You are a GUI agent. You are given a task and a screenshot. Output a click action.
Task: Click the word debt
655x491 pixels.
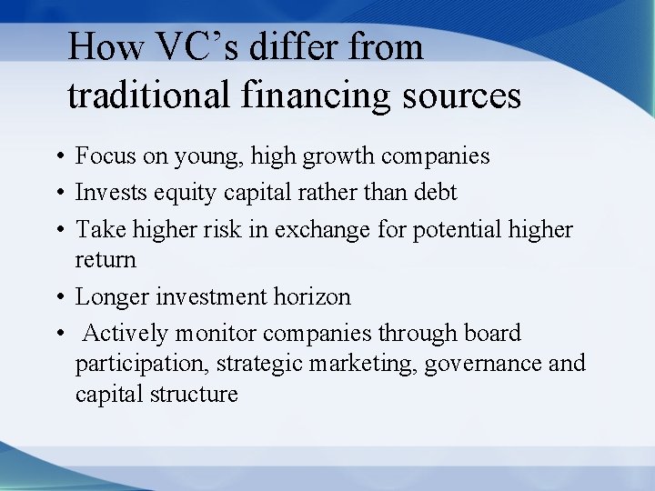tap(432, 193)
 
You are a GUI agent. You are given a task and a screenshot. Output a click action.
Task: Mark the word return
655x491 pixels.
tap(106, 260)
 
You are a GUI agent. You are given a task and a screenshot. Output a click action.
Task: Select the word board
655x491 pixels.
tap(492, 334)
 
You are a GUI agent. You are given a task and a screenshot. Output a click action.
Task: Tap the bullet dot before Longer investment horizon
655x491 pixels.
tap(56, 297)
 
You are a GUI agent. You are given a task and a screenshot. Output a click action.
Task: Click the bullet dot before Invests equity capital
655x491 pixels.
tap(56, 194)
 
